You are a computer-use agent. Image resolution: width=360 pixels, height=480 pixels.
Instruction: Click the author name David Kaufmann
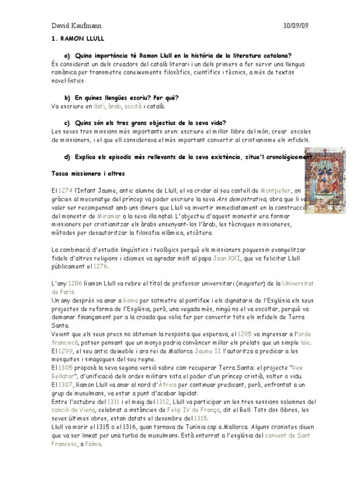tap(76, 26)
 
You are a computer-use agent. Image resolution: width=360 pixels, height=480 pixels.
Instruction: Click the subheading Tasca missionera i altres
tap(88, 173)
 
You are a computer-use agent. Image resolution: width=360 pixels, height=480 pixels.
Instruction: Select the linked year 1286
tap(77, 284)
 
